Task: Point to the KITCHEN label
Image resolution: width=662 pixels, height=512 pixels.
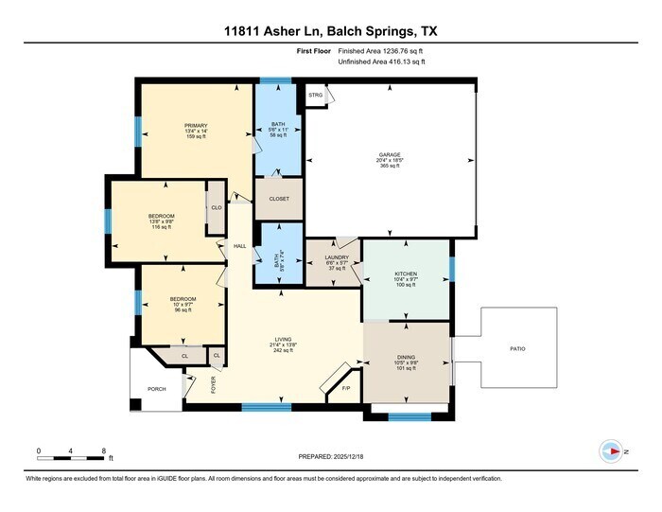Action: tap(405, 274)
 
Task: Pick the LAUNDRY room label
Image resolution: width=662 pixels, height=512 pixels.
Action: tap(338, 257)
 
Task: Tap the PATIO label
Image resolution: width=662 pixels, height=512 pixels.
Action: tap(516, 349)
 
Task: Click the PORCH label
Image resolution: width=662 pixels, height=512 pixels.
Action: tap(156, 389)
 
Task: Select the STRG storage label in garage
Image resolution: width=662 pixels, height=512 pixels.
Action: tap(315, 95)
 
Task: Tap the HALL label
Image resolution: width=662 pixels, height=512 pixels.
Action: tap(239, 245)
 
